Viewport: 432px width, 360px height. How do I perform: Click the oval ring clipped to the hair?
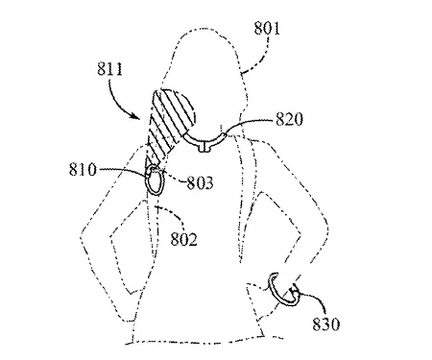154,181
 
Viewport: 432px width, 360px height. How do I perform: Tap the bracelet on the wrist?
278,288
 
